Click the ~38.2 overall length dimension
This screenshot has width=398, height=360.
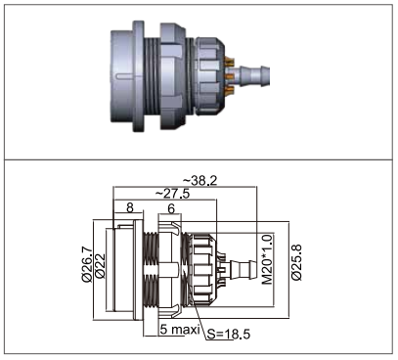199,181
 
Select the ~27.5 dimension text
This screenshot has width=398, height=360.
172,194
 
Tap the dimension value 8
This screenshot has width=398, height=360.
130,207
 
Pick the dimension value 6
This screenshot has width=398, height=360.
171,208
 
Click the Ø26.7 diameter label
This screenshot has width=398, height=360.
87,265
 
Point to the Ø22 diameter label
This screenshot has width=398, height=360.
100,266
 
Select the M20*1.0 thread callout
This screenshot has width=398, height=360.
267,259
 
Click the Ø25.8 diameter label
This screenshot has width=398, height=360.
296,262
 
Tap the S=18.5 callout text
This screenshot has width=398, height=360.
229,334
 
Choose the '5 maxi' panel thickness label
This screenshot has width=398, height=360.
180,330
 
